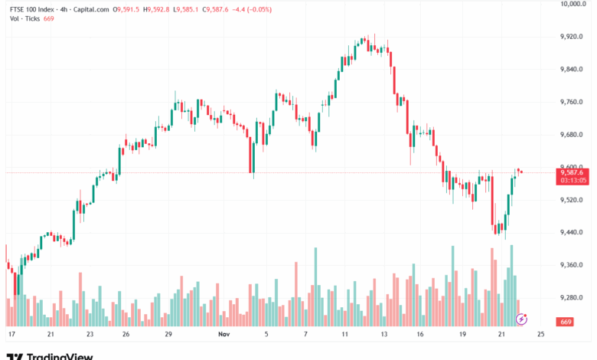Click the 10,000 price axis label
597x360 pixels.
tap(573, 4)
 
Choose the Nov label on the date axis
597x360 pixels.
tap(223, 335)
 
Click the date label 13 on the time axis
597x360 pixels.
tap(385, 335)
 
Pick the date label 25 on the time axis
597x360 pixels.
tap(540, 335)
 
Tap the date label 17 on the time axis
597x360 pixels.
tap(11, 335)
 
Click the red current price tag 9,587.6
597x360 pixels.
tap(573, 172)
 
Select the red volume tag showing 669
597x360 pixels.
tap(566, 322)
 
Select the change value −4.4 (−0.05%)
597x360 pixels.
tap(250, 9)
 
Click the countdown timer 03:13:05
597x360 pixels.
tap(573, 181)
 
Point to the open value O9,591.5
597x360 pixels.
tap(126, 9)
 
